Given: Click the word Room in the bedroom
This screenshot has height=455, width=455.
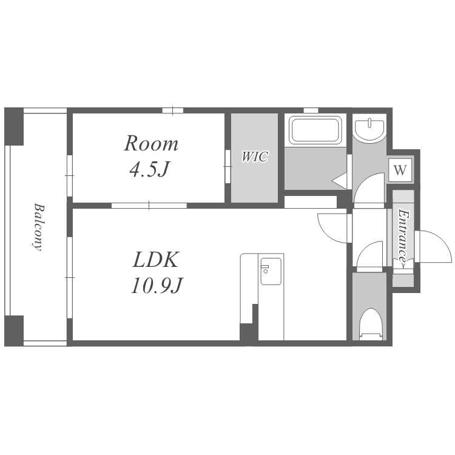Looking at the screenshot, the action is click(151, 144).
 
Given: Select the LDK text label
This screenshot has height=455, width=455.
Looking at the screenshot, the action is click(155, 260).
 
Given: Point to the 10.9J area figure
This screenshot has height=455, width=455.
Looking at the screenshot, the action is click(157, 285).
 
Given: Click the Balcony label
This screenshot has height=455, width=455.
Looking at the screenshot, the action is click(38, 227).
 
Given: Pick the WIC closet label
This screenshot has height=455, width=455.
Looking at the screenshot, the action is click(255, 157).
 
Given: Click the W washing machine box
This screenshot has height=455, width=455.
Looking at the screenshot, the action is click(400, 170).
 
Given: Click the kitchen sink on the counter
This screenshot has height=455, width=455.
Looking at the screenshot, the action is click(271, 271).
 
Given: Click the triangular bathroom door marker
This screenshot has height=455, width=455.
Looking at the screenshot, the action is click(340, 181).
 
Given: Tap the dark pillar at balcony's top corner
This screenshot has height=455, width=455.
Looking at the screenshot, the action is click(13, 127).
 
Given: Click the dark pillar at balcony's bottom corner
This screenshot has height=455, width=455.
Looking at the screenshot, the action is click(13, 331).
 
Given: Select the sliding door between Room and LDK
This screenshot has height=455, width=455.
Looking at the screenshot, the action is click(149, 206).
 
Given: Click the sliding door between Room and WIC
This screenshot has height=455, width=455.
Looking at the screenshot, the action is click(227, 166).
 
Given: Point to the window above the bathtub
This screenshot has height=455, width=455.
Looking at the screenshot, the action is click(311, 110).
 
